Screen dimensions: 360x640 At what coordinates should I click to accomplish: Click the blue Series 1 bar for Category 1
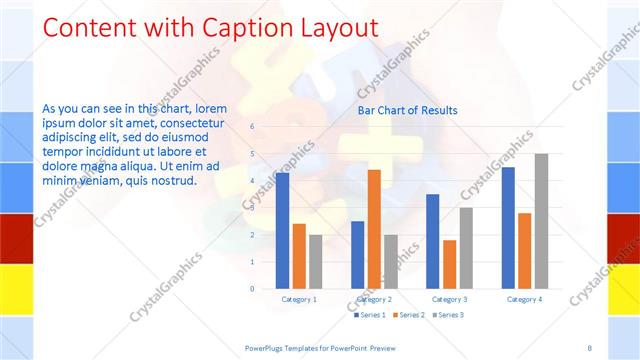283,230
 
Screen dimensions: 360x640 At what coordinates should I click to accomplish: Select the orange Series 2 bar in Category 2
374,229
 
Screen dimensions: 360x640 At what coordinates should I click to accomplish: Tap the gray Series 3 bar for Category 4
541,221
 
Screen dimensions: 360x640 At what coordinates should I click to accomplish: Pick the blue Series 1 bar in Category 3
433,241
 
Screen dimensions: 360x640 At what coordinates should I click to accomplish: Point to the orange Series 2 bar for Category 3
449,264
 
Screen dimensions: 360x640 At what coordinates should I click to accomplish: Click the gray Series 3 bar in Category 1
316,261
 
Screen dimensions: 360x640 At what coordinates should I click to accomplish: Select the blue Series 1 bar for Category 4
508,227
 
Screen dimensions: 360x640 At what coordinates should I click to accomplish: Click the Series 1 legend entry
370,315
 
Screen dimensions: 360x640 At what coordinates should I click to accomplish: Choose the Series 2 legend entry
408,315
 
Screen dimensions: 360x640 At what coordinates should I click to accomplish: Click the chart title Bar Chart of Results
408,110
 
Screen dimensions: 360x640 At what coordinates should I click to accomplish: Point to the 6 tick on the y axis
253,127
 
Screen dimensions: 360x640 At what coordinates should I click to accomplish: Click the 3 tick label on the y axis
253,208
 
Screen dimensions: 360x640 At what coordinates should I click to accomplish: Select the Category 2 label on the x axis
374,299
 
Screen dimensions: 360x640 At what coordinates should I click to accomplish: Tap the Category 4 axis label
524,299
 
